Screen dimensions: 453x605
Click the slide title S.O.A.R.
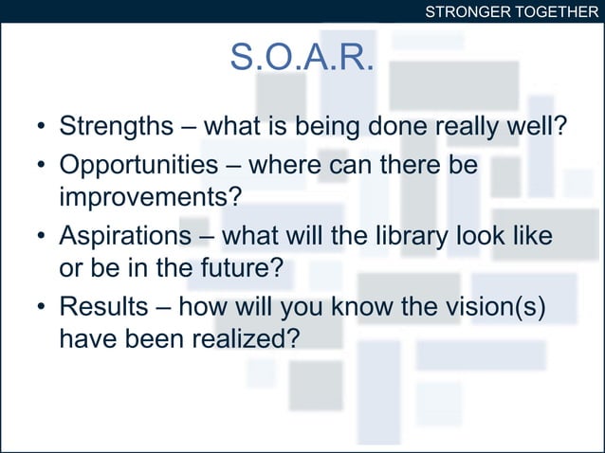(302, 59)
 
